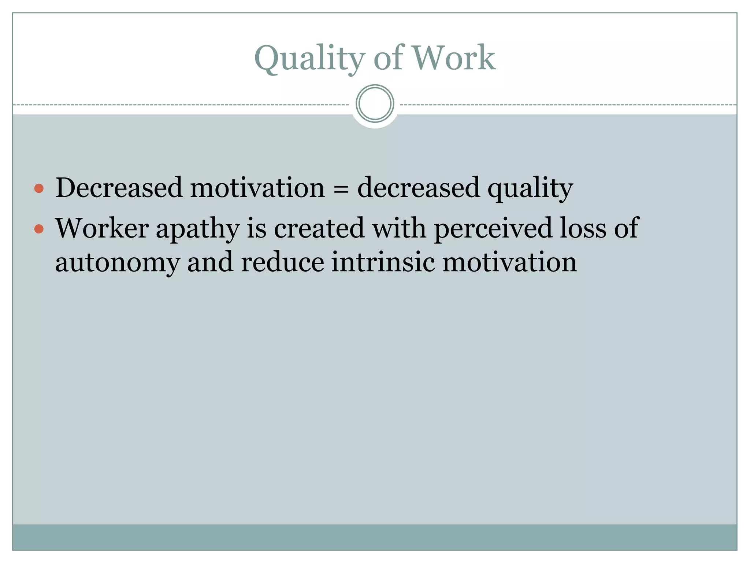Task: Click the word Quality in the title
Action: [x=309, y=59]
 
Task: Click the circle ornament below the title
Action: [x=375, y=104]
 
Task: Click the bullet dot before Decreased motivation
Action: [x=39, y=189]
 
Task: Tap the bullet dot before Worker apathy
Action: [x=39, y=229]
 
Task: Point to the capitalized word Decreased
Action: [x=119, y=188]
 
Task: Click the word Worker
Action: [x=102, y=228]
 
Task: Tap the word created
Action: [x=319, y=228]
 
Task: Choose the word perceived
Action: [x=493, y=229]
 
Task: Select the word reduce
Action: [x=282, y=262]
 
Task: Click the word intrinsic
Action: [x=383, y=262]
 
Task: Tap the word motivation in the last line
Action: [x=509, y=262]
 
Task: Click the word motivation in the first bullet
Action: [x=257, y=188]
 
